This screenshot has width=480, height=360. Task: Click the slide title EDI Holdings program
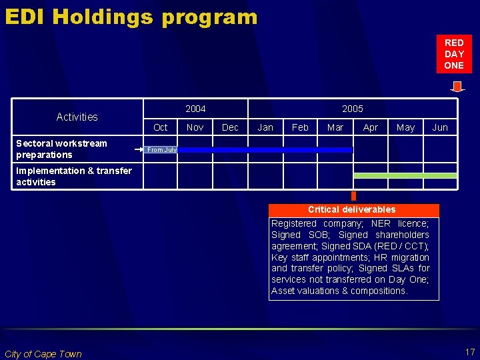[131, 16]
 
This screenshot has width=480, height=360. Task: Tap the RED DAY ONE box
[454, 54]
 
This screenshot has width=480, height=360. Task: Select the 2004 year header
[195, 109]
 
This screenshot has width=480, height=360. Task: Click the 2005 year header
[353, 109]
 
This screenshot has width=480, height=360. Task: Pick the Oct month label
[161, 127]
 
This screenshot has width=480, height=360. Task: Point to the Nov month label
[195, 127]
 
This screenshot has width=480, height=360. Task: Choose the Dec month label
[230, 127]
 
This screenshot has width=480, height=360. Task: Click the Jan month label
[265, 127]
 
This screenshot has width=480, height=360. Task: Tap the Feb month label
[301, 127]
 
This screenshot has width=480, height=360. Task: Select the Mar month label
[335, 127]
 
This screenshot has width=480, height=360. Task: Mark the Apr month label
[371, 127]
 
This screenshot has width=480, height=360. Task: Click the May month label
[405, 127]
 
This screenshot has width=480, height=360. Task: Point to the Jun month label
[440, 127]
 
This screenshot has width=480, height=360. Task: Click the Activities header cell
[77, 117]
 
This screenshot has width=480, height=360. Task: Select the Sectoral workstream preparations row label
[61, 149]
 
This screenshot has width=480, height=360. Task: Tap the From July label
[162, 150]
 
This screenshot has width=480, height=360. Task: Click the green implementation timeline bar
[405, 175]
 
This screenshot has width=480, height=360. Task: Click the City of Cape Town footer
[43, 354]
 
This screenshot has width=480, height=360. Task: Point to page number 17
[469, 351]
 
